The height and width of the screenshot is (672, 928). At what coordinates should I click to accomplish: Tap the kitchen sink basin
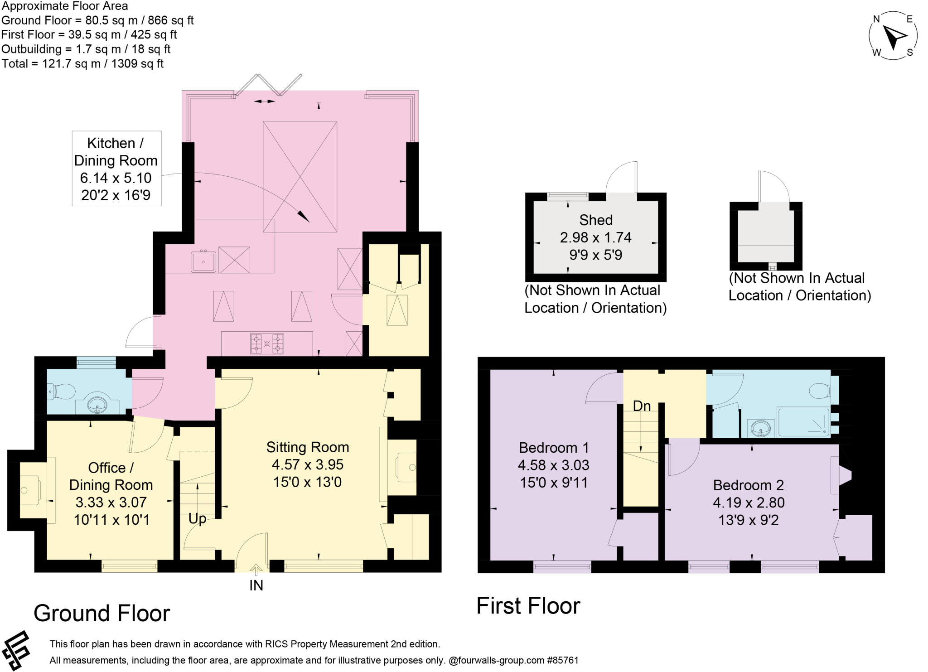(203, 262)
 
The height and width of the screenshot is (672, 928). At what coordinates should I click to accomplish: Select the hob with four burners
(267, 343)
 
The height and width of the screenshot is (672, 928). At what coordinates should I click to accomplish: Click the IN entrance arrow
(256, 570)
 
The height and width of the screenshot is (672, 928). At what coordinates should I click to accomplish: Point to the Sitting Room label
(308, 447)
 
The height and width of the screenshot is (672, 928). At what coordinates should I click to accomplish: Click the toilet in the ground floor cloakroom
(63, 392)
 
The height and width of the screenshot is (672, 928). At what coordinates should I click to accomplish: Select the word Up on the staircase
(197, 518)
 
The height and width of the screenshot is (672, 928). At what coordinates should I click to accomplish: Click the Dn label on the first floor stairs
(642, 406)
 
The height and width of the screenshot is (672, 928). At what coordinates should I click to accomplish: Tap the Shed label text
(596, 220)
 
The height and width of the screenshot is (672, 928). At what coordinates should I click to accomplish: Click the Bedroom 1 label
(554, 448)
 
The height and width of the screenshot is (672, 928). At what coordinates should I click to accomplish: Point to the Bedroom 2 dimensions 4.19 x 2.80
(749, 503)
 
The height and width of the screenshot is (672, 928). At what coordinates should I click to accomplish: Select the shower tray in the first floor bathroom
(803, 422)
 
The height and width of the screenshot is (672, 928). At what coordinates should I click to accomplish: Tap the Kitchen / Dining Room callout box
(116, 169)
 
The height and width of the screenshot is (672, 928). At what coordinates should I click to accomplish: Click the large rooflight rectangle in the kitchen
(300, 177)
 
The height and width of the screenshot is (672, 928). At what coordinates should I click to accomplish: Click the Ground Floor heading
(101, 613)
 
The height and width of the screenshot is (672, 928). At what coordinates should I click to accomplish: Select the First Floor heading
(528, 606)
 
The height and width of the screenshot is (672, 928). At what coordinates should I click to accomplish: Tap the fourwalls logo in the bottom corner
(16, 650)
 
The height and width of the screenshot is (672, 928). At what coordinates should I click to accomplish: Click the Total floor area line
(82, 63)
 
